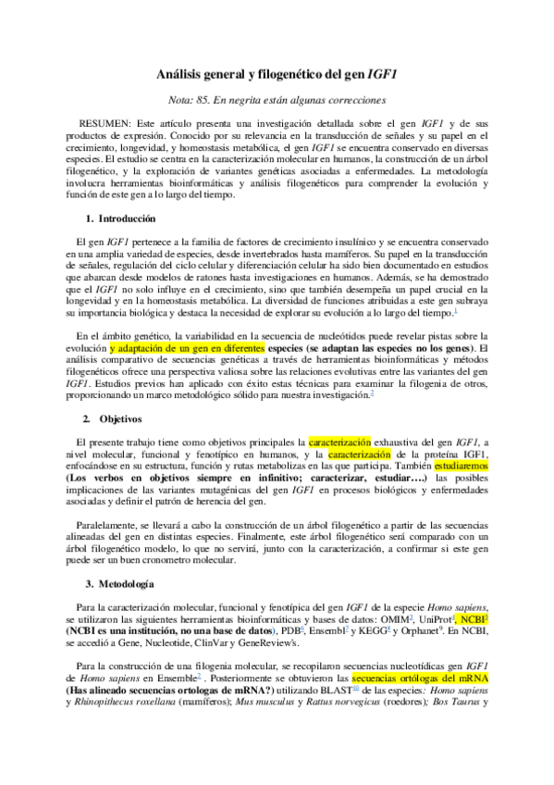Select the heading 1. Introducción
120,218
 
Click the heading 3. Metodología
120,584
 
